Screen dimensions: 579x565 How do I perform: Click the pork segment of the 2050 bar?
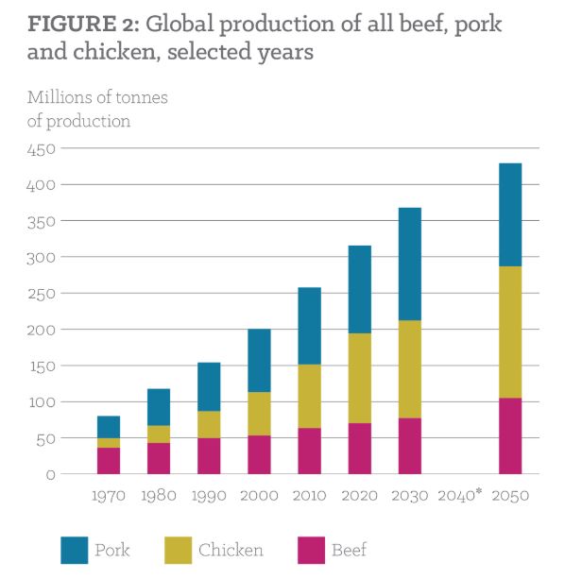click(510, 214)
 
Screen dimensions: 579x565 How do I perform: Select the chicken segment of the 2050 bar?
click(510, 332)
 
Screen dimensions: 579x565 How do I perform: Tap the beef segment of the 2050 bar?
click(510, 435)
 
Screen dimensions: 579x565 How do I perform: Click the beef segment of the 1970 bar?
click(109, 460)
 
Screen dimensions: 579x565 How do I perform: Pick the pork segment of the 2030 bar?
click(409, 264)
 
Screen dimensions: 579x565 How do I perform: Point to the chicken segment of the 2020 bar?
click(359, 378)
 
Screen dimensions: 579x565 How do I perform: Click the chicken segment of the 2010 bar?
click(309, 396)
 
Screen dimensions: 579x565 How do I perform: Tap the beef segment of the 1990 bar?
click(209, 455)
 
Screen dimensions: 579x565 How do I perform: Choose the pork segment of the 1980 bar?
click(159, 407)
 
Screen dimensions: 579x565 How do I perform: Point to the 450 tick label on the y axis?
click(42, 149)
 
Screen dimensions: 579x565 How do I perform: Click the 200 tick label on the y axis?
click(42, 330)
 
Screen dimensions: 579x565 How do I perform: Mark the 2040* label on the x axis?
click(459, 495)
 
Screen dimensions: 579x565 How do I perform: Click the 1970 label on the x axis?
click(109, 495)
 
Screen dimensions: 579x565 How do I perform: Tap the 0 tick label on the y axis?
click(51, 474)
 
